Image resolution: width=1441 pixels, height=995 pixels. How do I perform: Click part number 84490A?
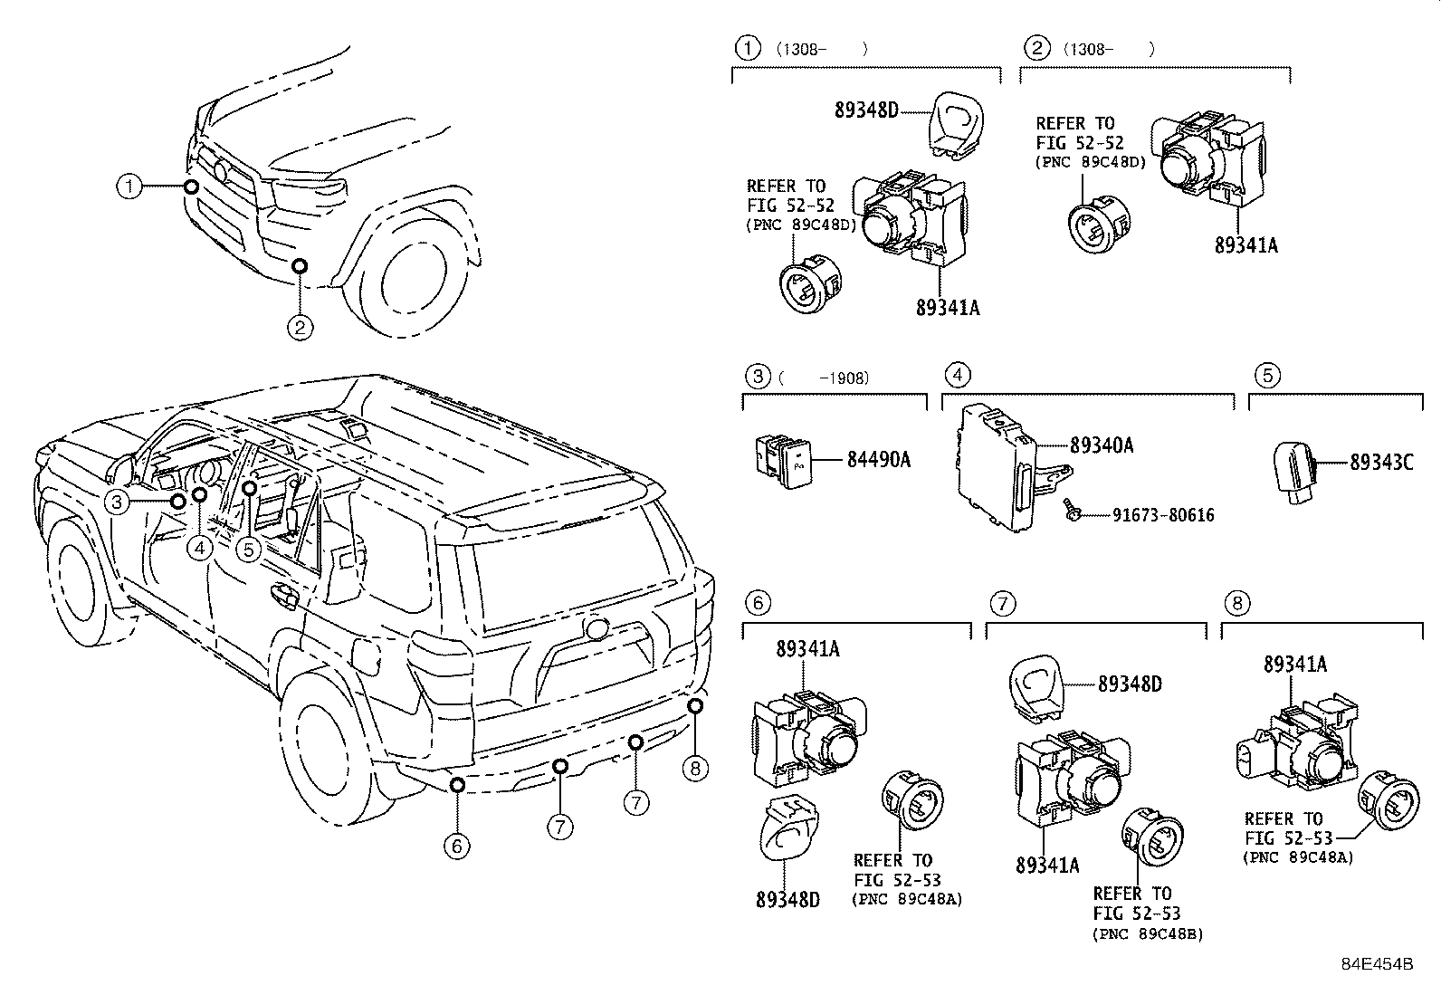[x=878, y=461]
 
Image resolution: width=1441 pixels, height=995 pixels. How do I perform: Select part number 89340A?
[x=1102, y=445]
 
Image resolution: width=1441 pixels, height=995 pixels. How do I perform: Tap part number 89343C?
[x=1381, y=462]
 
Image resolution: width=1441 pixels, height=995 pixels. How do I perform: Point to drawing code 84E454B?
[x=1377, y=965]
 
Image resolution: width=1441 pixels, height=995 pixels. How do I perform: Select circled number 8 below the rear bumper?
[x=694, y=770]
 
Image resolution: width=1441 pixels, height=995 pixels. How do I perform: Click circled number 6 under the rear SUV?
[x=457, y=846]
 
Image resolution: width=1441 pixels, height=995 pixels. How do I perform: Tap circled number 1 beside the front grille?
[x=129, y=187]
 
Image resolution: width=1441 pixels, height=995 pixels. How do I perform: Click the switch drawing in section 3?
[x=784, y=461]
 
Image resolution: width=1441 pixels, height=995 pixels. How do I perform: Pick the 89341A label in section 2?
[x=1246, y=244]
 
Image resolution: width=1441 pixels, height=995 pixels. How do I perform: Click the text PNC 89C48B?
[x=1148, y=934]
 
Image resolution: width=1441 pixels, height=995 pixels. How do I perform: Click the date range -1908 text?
[x=844, y=378]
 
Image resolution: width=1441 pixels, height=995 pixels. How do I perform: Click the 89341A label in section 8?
[x=1295, y=665]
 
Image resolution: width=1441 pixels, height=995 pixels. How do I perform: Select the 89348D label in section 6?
[x=787, y=900]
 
